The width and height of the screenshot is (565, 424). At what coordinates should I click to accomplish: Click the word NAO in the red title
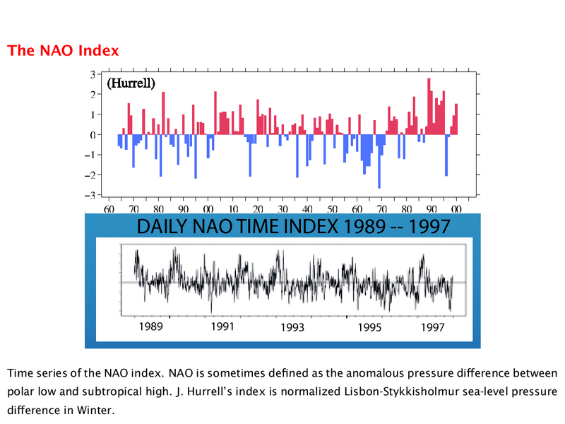tap(56, 50)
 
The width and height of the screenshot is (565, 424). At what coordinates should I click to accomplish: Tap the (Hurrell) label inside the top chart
tap(131, 83)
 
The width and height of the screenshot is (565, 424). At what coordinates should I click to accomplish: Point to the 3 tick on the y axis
tap(93, 75)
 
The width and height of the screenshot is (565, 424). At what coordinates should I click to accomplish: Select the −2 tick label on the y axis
tap(90, 175)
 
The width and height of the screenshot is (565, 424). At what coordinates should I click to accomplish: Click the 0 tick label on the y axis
tap(93, 135)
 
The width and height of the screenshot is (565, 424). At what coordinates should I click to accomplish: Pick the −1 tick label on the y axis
tap(90, 155)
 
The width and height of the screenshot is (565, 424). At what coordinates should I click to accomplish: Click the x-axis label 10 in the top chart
tap(233, 208)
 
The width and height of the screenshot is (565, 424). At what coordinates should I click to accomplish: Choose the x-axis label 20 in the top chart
tap(258, 208)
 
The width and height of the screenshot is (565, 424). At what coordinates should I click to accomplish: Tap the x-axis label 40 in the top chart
tap(307, 208)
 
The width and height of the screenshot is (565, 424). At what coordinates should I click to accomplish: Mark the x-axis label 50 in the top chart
tap(332, 208)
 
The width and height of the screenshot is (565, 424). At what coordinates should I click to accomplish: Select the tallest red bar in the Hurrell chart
tap(429, 107)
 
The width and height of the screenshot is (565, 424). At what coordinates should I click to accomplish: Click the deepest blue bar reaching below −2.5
tap(379, 162)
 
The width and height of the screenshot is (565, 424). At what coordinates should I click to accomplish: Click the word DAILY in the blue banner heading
tap(162, 227)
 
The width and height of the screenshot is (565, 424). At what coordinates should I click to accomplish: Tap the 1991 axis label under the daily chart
tap(222, 326)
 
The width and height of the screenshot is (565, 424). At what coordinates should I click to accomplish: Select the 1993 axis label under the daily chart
tap(292, 327)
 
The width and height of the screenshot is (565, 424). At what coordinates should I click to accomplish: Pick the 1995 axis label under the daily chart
tap(369, 327)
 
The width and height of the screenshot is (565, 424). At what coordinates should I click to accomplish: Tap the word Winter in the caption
tap(95, 411)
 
